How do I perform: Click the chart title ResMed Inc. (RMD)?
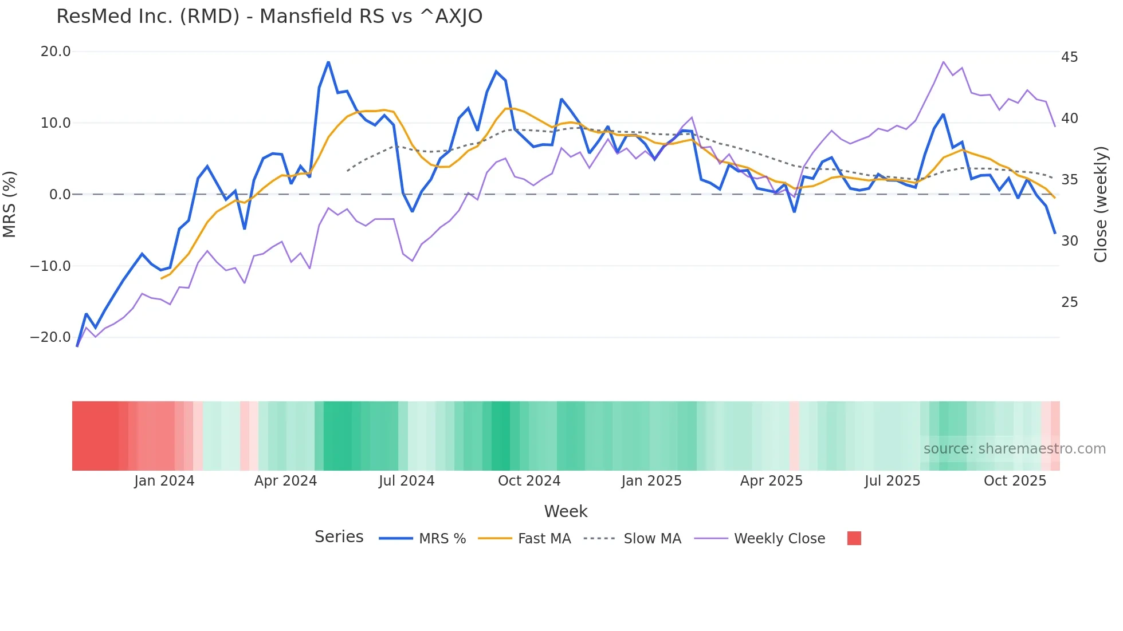pos(269,17)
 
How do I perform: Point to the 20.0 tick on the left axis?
pos(56,52)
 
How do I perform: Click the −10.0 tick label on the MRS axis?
pos(50,266)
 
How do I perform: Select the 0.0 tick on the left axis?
pos(60,195)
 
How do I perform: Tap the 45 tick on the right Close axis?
pos(1069,57)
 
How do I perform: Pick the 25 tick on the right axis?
pos(1069,302)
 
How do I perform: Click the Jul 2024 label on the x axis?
pos(406,481)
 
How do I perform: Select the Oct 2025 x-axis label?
pos(1015,481)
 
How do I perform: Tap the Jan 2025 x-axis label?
pos(651,481)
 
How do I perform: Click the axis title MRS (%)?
pos(10,204)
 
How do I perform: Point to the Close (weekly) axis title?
pos(1101,204)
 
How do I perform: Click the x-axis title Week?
pos(566,511)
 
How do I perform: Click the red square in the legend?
pos(854,538)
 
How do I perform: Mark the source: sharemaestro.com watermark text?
pos(1014,449)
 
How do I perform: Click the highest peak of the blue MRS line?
pos(328,62)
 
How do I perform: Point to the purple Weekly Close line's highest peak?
pos(943,62)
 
